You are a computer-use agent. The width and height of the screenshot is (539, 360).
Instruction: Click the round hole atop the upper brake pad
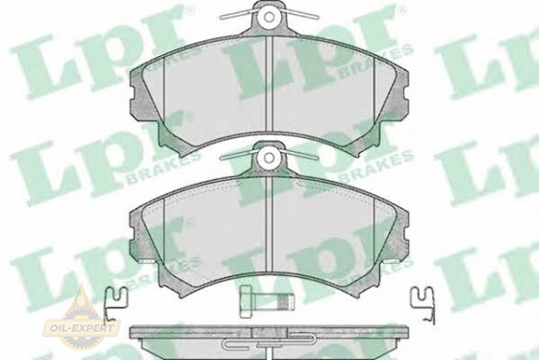[x=269, y=16]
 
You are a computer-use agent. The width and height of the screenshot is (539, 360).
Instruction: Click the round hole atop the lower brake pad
[x=269, y=158]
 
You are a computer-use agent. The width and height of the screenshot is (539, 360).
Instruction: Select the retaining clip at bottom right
[x=423, y=305]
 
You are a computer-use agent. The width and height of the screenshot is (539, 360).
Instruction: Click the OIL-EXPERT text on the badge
[x=82, y=327]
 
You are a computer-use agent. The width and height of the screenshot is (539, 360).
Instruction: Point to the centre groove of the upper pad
[x=269, y=84]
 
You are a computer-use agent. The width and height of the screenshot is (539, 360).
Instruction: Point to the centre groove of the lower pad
[x=269, y=225]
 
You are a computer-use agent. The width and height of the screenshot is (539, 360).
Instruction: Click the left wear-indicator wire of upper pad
[x=237, y=13]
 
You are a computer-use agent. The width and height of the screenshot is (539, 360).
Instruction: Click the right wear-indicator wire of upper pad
[x=301, y=13]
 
